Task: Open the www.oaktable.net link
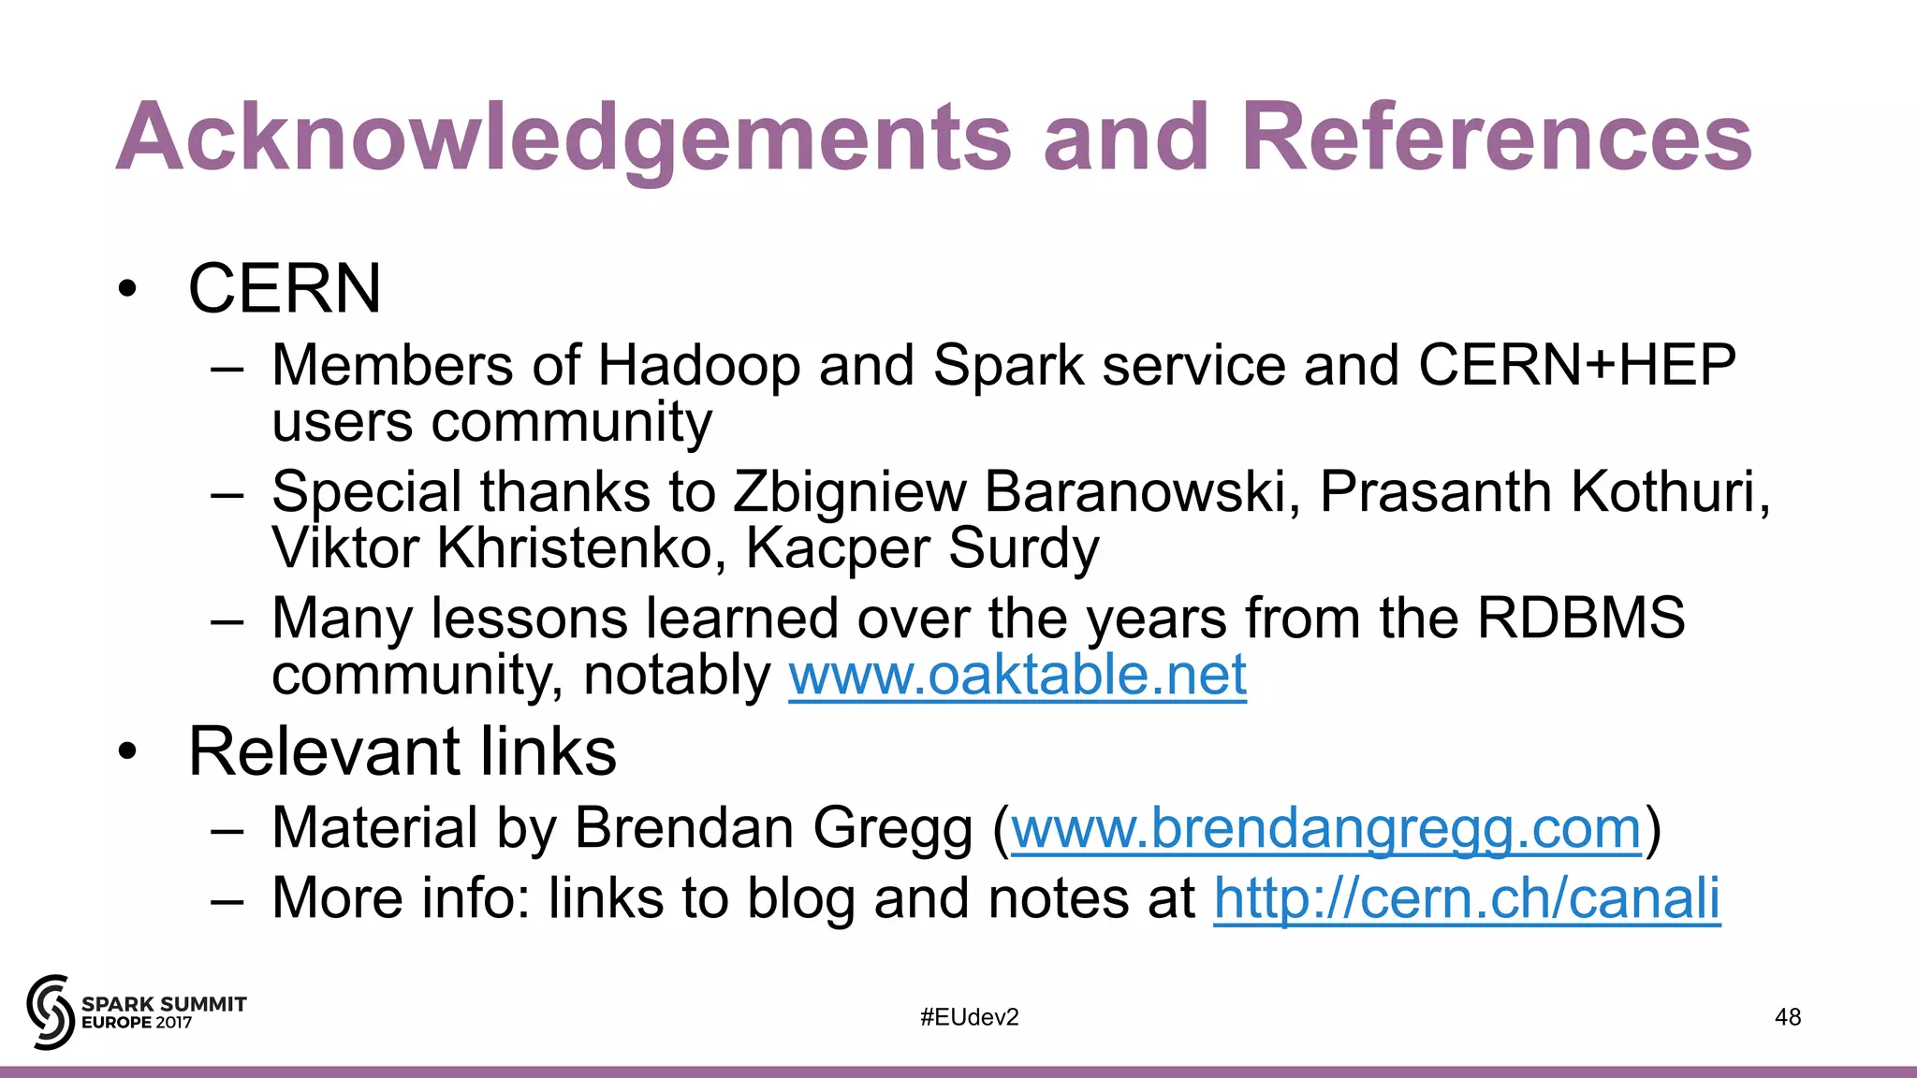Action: pos(1017,675)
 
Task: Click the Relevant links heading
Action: pos(402,751)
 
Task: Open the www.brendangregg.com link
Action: pos(1326,828)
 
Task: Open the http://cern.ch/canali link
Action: pos(1467,898)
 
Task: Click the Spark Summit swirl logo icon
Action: pos(50,1012)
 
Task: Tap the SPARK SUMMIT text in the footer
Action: pos(164,1004)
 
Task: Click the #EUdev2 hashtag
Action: pos(969,1017)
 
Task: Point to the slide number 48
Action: pos(1787,1017)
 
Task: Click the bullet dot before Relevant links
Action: pos(128,751)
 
